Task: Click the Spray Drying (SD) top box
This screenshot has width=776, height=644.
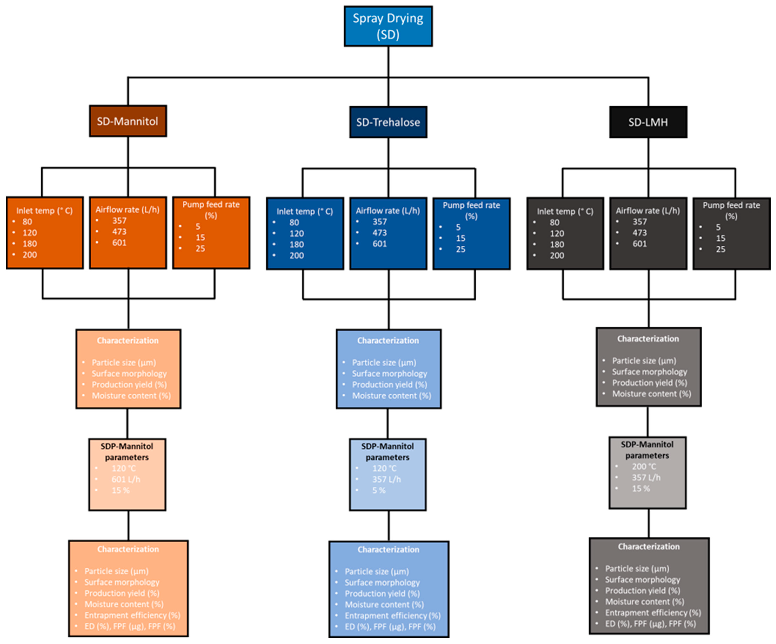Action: coord(388,26)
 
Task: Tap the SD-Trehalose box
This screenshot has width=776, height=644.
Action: coord(388,122)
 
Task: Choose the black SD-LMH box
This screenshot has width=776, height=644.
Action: coord(648,122)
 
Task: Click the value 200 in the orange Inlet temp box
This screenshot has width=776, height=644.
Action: coord(30,255)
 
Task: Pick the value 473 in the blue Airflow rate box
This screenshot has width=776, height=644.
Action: coord(380,233)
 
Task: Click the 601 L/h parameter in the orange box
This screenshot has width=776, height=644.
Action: coord(126,479)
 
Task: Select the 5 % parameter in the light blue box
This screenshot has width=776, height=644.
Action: coord(379,490)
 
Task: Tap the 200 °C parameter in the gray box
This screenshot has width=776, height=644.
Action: coord(644,466)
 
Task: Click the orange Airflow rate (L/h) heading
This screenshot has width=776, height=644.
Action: coord(128,210)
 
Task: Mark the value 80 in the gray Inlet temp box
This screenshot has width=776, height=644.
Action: coord(554,222)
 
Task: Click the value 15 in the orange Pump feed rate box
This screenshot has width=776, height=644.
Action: coord(200,237)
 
